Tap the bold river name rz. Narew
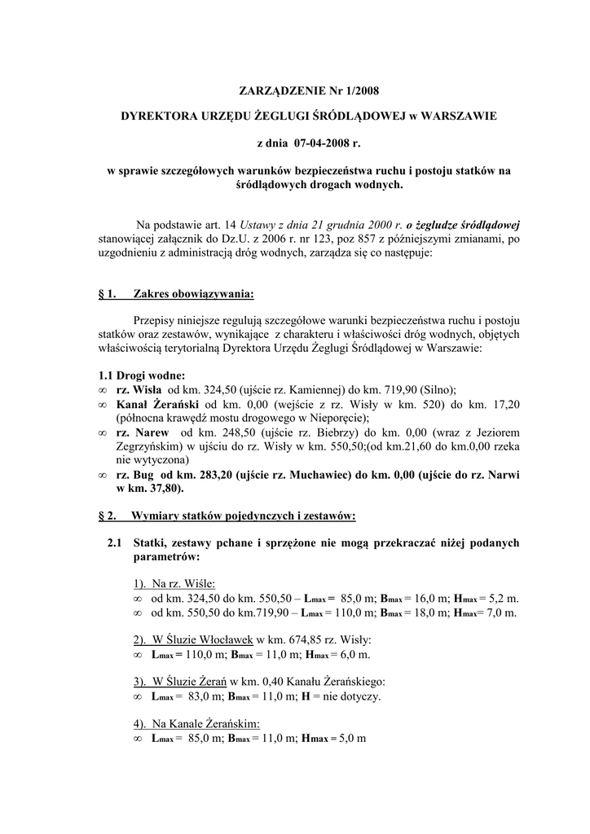click(143, 432)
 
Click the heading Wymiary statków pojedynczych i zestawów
click(244, 516)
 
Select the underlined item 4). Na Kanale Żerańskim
click(196, 723)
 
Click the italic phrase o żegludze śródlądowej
click(468, 224)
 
